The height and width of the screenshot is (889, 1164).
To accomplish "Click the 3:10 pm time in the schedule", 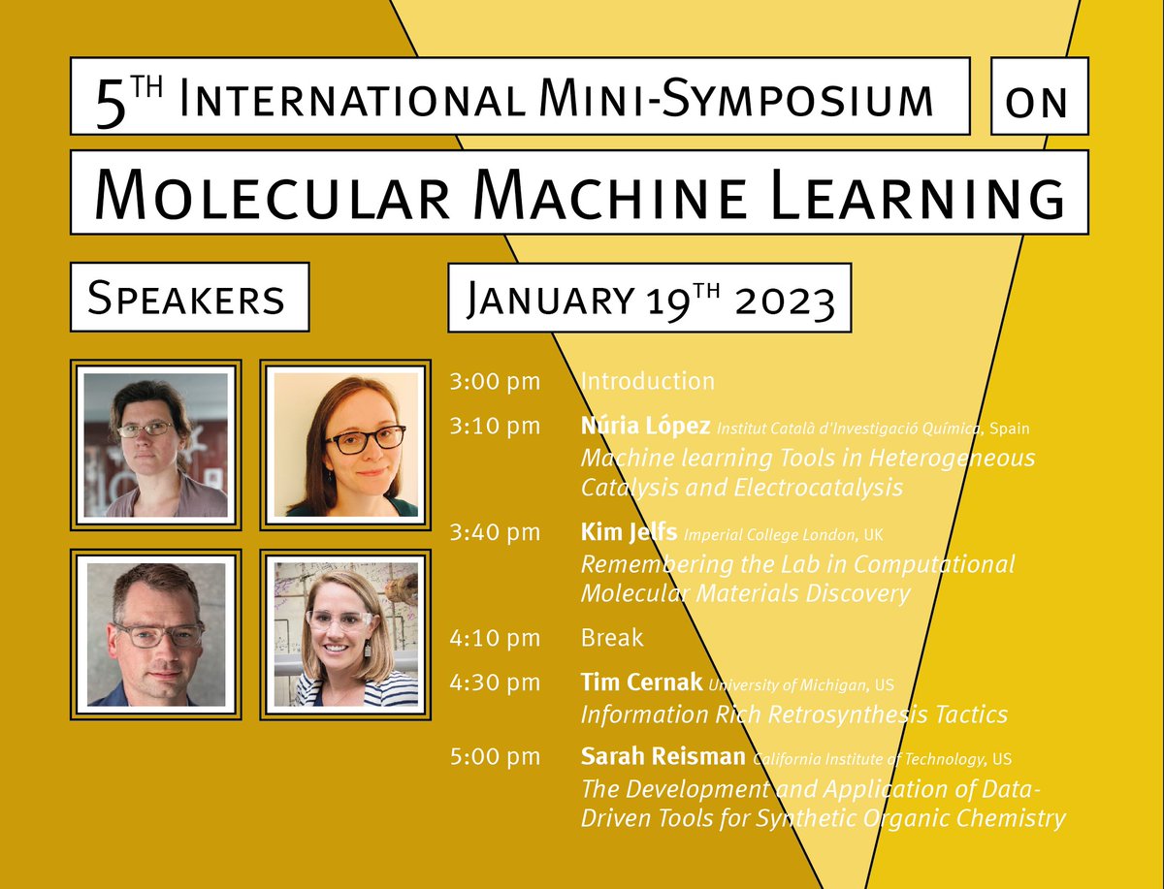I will tap(495, 427).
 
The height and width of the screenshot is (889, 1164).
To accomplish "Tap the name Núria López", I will tap(645, 427).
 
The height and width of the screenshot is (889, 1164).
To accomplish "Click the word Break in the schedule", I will tap(612, 638).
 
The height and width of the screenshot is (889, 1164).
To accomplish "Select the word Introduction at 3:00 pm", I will tap(647, 381).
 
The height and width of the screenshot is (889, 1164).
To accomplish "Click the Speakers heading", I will tap(189, 297).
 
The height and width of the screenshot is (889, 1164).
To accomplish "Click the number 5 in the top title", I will tap(113, 100).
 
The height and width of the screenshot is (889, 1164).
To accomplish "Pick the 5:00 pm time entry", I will tap(495, 756).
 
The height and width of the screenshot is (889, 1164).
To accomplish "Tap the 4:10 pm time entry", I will tap(495, 638).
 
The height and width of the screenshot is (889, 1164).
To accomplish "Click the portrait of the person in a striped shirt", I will tap(346, 635).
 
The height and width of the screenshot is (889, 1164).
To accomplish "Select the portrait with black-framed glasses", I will tap(346, 444).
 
